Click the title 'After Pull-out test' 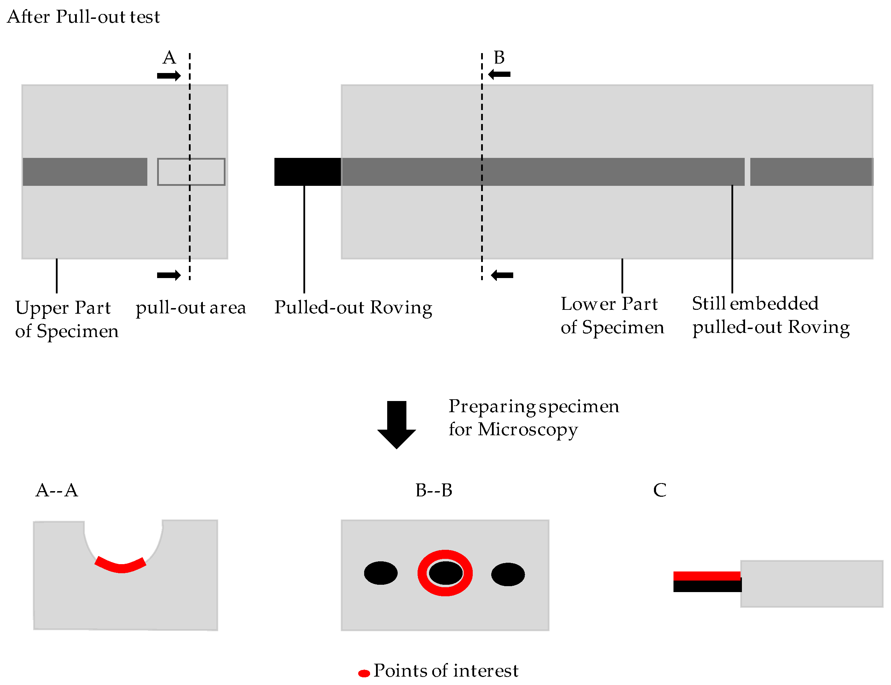83,17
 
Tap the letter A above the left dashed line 169,58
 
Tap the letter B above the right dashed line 499,58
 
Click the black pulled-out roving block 307,172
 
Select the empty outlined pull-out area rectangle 191,172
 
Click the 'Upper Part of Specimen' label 67,319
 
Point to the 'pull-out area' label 191,308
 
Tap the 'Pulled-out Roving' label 353,308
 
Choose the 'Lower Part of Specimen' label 612,315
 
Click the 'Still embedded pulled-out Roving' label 771,315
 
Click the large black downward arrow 396,425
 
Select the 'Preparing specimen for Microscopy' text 533,417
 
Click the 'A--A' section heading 57,490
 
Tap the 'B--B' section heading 434,490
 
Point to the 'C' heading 660,490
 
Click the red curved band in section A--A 121,568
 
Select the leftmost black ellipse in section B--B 381,573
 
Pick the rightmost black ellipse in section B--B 508,575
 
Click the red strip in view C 706,576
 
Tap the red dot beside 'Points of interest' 364,673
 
